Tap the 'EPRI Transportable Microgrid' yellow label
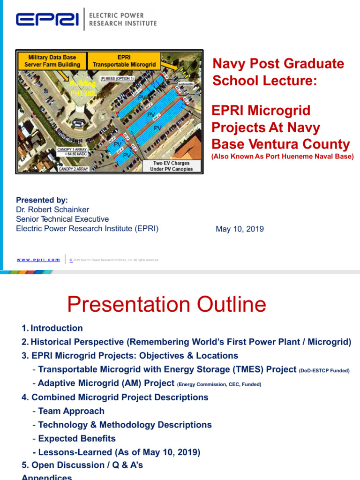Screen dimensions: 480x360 [x=123, y=61]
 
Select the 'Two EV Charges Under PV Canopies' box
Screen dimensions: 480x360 [x=171, y=166]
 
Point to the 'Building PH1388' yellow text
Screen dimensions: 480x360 [x=82, y=88]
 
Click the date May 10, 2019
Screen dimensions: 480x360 [x=240, y=229]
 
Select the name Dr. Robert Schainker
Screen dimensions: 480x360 [x=52, y=210]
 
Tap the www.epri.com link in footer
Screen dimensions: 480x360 [x=38, y=259]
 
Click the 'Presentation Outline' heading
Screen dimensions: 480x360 [x=166, y=305]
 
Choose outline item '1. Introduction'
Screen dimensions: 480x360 [x=52, y=328]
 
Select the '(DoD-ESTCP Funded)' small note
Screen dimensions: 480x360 [x=324, y=371]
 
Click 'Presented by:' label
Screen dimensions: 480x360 [x=42, y=200]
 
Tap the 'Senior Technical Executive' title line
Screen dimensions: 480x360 [x=62, y=219]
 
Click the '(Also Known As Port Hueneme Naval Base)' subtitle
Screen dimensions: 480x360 [x=282, y=157]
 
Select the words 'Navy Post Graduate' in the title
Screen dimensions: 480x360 [x=278, y=64]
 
